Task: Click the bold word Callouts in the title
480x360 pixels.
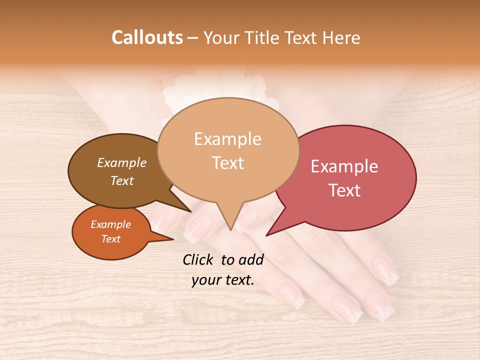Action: click(x=147, y=37)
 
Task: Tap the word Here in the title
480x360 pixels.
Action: click(x=341, y=38)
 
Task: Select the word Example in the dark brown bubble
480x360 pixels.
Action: click(x=121, y=162)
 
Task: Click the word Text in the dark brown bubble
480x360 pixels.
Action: click(x=121, y=180)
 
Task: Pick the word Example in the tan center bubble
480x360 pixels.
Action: click(x=227, y=139)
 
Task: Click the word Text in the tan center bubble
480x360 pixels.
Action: click(x=227, y=163)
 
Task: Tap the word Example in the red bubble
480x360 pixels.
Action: click(x=344, y=166)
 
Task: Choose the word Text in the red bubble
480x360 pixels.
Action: click(x=344, y=190)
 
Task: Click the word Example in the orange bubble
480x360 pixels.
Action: click(x=110, y=224)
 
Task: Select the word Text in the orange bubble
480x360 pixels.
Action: click(x=110, y=239)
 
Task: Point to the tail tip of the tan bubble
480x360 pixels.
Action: click(x=230, y=229)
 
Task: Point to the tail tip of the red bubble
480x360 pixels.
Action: click(x=267, y=235)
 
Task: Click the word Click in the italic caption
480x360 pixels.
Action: click(x=199, y=259)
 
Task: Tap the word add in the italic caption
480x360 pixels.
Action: click(x=251, y=259)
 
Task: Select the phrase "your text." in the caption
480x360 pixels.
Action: click(x=223, y=280)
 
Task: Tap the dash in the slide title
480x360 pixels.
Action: click(x=193, y=38)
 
